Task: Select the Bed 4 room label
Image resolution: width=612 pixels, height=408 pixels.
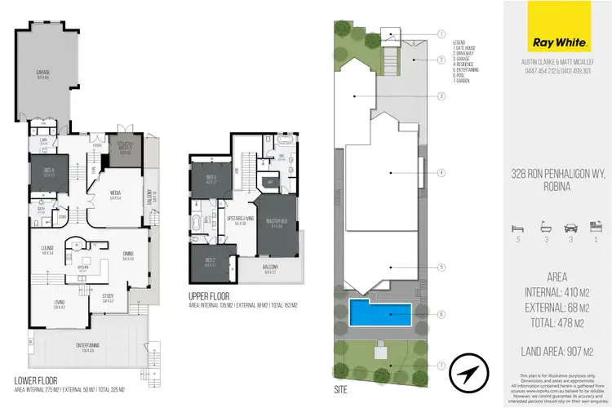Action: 48,171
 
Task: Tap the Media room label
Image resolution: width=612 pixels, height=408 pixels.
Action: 115,194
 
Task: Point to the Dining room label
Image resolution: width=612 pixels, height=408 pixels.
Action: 128,256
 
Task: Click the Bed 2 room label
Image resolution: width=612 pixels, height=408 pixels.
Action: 209,263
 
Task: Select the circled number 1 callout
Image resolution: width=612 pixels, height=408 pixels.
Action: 441,34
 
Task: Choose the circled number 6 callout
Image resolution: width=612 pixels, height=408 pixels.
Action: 441,313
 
